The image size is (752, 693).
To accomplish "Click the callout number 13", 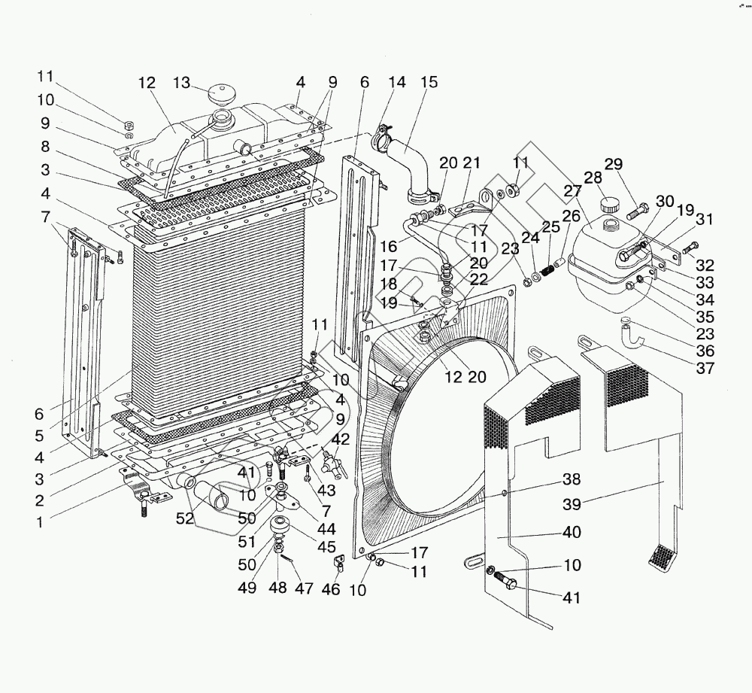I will [x=183, y=83].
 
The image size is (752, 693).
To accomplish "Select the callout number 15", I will [x=429, y=83].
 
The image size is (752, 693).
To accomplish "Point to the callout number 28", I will [x=593, y=178].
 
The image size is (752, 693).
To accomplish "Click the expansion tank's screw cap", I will [x=609, y=204].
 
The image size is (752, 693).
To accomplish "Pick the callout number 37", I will [x=705, y=369].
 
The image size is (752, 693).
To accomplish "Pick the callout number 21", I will [x=472, y=163].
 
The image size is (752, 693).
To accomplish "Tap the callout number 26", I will [x=570, y=216].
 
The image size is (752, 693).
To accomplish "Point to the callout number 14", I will [x=396, y=83].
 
